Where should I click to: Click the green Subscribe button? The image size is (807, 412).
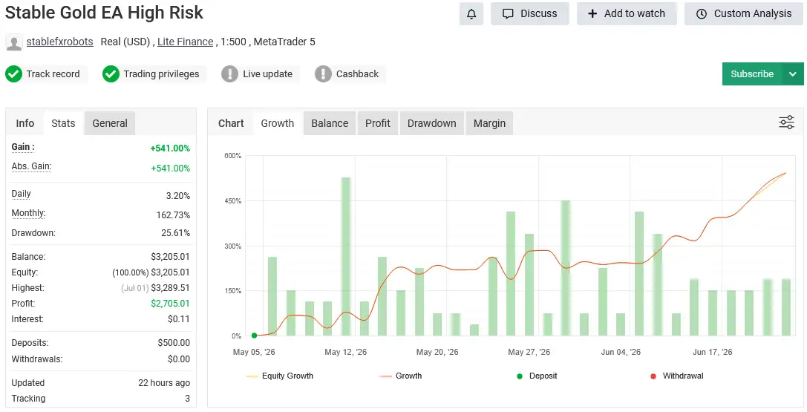(752, 74)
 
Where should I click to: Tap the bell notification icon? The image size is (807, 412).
(471, 14)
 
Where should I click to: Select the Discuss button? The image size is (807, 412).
(530, 14)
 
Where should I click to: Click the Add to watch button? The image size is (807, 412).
(627, 14)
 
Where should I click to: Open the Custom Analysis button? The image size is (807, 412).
(744, 14)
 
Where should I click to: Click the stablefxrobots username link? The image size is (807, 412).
(59, 42)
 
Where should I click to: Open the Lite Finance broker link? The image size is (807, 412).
(186, 42)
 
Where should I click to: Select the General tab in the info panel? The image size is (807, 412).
(110, 123)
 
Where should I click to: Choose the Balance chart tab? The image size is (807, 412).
(330, 123)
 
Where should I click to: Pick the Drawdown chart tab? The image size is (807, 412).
(432, 123)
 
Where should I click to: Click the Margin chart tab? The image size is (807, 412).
(489, 123)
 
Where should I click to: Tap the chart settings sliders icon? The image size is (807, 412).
(786, 122)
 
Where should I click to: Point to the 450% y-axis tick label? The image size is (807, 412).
(232, 201)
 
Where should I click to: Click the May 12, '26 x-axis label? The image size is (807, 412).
(346, 353)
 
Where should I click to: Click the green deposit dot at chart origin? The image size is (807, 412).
(254, 336)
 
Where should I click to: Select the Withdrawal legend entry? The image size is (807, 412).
(677, 376)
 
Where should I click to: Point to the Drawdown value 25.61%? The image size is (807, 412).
(175, 233)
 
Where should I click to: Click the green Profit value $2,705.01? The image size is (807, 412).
(170, 304)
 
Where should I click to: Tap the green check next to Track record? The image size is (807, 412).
(13, 74)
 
